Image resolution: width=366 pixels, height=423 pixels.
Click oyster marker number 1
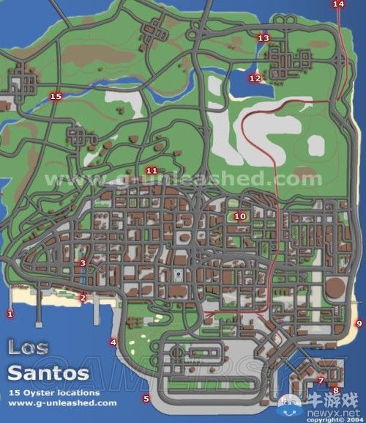tap(10, 314)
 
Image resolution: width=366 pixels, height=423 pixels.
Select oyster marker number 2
tap(83, 298)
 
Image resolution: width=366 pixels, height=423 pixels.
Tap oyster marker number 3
tap(83, 262)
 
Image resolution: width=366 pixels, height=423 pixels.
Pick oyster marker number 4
tap(113, 342)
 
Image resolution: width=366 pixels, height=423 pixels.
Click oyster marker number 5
tap(146, 399)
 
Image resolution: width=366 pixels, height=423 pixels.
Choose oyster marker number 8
tap(335, 390)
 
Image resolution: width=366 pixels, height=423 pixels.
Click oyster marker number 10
tap(239, 216)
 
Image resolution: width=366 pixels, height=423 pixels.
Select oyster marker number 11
tap(152, 171)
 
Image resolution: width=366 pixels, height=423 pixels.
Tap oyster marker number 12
tap(254, 78)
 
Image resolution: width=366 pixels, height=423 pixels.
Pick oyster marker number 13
tap(263, 38)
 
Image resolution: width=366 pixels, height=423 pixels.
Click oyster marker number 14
tap(337, 4)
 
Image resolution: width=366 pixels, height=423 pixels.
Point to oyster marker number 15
tap(55, 96)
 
